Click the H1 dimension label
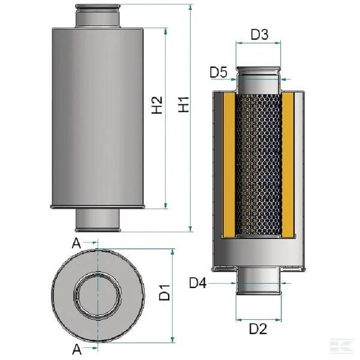click(x=184, y=104)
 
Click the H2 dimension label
click(x=157, y=105)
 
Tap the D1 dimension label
click(x=164, y=293)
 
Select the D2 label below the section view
click(x=258, y=329)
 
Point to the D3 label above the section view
click(x=259, y=34)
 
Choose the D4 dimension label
click(x=197, y=283)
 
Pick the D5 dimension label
click(x=218, y=73)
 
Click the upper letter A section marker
click(x=76, y=244)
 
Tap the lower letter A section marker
click(x=77, y=349)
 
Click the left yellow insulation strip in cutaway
click(x=229, y=164)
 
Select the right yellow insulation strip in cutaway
click(x=288, y=164)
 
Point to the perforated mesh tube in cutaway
click(x=259, y=164)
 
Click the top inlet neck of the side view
click(x=98, y=16)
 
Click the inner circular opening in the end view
click(x=98, y=296)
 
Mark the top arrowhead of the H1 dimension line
click(x=190, y=7)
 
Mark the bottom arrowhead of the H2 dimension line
click(x=166, y=205)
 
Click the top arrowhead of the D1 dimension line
click(x=173, y=252)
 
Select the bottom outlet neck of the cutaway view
click(x=259, y=281)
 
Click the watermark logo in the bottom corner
click(x=341, y=346)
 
